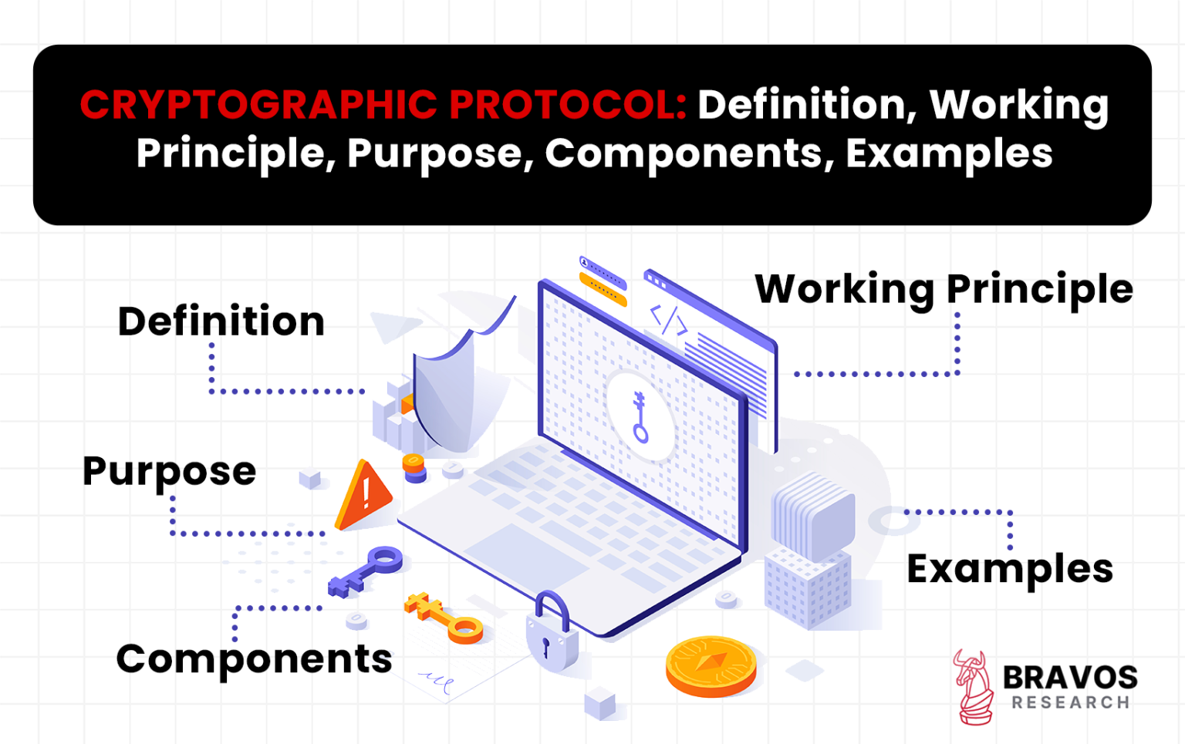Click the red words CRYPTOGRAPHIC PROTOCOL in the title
point(383,105)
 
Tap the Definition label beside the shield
point(221,322)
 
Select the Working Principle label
point(944,289)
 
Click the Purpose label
point(169,471)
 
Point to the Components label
point(254,659)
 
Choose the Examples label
point(1009,570)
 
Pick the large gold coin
point(711,665)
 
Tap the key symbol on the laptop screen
point(640,416)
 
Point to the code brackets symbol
point(668,320)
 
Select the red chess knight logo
point(974,687)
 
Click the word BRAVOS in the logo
point(1069,677)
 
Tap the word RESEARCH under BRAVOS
point(1071,702)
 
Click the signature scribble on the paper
point(437,681)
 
